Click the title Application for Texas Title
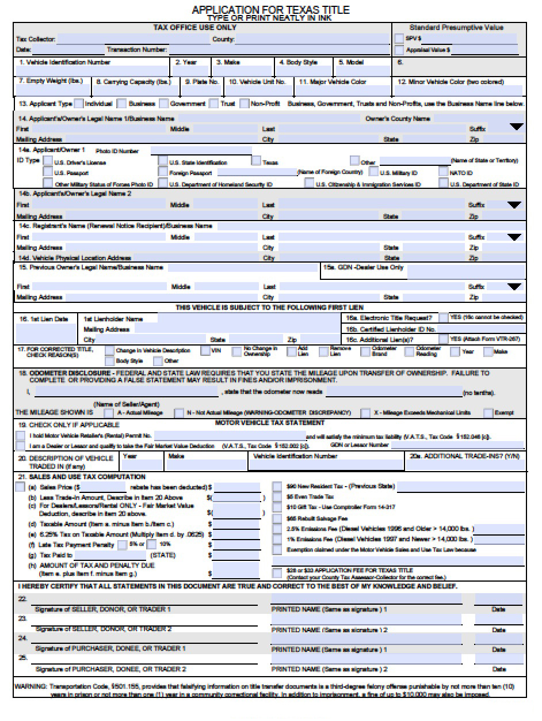(270, 10)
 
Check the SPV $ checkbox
(399, 39)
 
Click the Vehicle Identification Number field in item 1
(92, 71)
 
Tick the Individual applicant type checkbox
(79, 104)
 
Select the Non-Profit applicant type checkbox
(244, 104)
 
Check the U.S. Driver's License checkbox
(48, 162)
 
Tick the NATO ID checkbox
(443, 172)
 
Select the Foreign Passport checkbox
(163, 172)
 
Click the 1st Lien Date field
(45, 333)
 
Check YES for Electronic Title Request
(443, 318)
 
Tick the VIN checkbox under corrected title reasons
(205, 351)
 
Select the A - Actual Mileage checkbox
(108, 412)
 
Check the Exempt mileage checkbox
(488, 412)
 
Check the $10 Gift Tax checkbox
(277, 507)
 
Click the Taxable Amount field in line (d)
(236, 524)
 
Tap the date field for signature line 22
(498, 600)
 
